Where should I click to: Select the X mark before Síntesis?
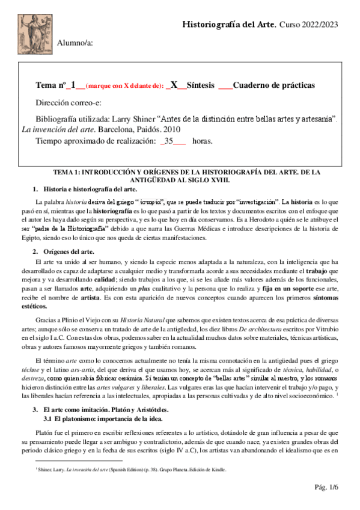(x=174, y=85)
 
